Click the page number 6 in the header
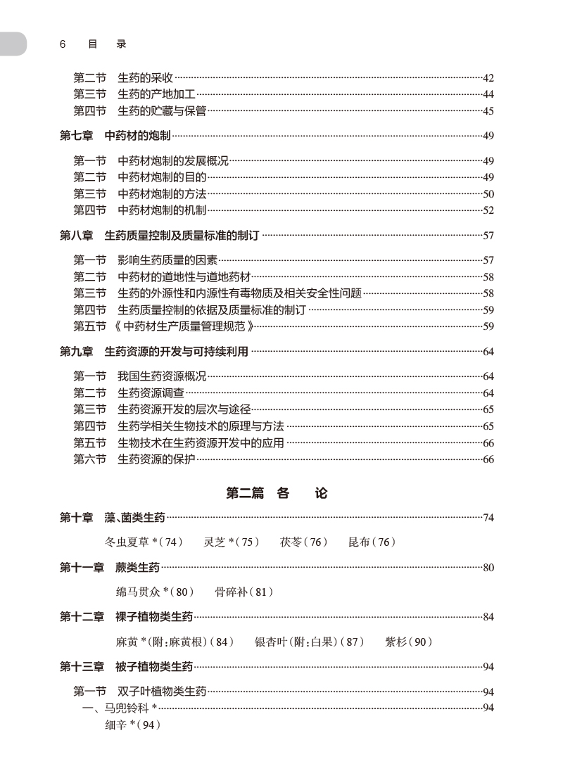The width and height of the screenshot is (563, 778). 63,44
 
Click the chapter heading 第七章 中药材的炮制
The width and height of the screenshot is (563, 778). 115,136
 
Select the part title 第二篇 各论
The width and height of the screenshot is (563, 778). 276,493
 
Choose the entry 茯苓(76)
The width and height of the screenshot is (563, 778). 304,542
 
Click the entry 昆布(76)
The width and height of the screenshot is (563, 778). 372,542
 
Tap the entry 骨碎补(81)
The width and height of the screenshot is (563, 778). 243,592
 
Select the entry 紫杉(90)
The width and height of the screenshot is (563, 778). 408,642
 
